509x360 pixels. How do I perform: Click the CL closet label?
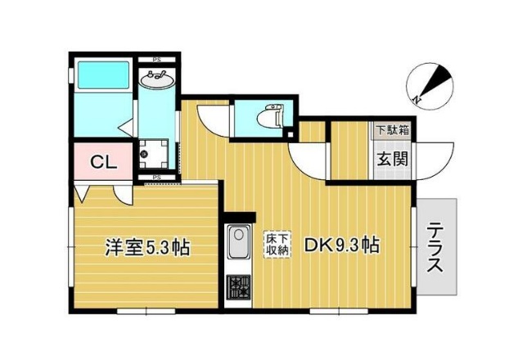pos(103,161)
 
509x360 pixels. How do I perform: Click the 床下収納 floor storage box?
pos(277,245)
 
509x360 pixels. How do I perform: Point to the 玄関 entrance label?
pos(392,159)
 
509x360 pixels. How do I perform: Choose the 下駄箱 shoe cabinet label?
pos(392,129)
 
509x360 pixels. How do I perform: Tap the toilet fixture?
pos(268,118)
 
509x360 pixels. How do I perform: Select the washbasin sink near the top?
pos(156,80)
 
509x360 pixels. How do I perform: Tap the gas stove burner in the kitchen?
pos(238,287)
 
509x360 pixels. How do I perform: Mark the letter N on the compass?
pos(417,100)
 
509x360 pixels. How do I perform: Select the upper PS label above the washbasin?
pos(156,60)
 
